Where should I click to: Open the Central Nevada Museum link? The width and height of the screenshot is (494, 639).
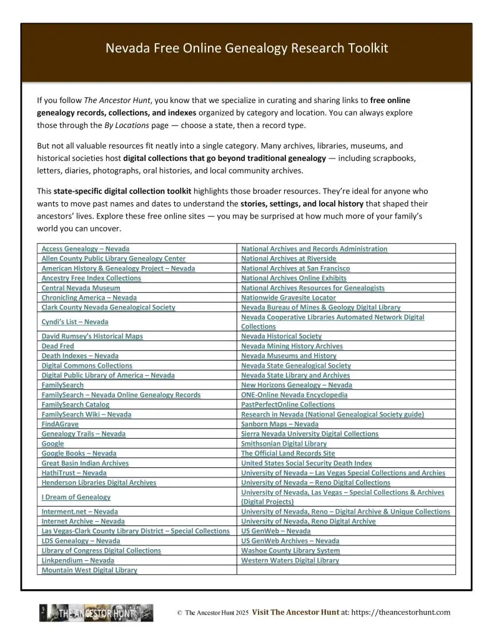coord(81,288)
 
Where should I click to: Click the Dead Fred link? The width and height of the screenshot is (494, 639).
coord(57,346)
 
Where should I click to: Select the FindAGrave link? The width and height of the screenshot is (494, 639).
coord(60,424)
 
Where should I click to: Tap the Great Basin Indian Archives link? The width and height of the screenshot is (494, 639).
coord(85,463)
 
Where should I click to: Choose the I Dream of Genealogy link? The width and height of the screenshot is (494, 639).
coord(76,497)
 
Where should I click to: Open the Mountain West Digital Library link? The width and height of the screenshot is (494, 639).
coord(89,570)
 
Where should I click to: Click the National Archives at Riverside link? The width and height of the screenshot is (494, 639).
coord(289,258)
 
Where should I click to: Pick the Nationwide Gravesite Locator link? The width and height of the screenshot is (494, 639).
coord(288,298)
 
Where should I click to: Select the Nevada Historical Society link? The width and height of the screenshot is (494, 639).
coord(281,336)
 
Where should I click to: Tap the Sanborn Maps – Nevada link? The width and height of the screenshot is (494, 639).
coord(279,424)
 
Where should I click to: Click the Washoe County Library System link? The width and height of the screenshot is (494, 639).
coord(290,550)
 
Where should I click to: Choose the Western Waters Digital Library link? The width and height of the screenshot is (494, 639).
coord(290,560)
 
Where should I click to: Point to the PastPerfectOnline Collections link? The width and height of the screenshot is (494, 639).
coord(288,404)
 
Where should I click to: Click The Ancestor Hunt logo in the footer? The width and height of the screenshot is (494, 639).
coord(96,613)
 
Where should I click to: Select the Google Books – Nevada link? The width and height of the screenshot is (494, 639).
coord(79,453)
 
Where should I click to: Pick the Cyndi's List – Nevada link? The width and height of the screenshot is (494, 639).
coord(74,321)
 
